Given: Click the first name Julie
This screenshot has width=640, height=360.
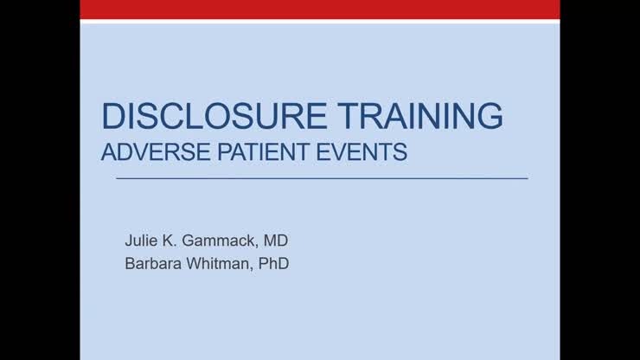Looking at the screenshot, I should (x=142, y=240).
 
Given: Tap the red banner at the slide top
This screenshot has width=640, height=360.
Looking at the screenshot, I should (x=320, y=9).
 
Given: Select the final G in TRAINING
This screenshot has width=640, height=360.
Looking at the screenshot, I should (x=490, y=117).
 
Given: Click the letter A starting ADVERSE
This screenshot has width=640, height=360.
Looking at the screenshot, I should (x=108, y=153).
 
